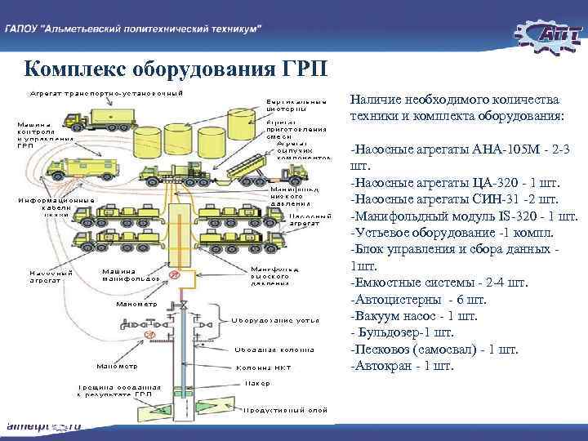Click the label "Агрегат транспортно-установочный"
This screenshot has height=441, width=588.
[106, 92]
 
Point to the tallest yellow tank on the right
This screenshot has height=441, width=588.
[241, 126]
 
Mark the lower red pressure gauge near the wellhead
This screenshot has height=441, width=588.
[149, 335]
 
